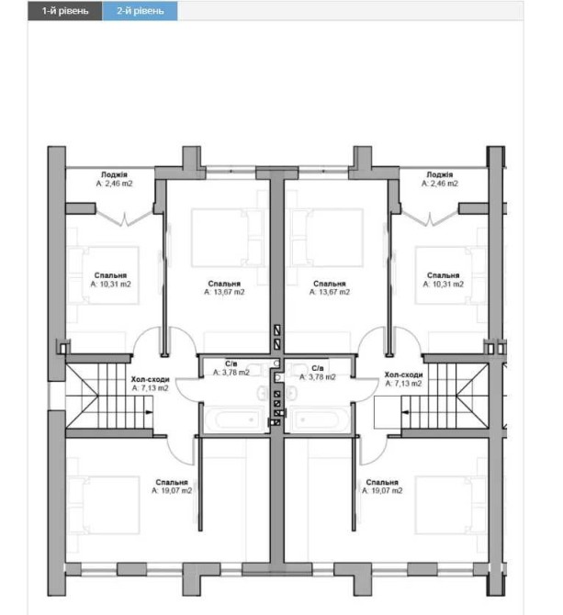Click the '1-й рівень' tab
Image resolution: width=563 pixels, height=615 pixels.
(x=64, y=11)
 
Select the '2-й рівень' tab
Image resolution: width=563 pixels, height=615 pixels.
(x=140, y=11)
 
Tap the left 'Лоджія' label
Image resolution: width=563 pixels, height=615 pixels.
(x=114, y=174)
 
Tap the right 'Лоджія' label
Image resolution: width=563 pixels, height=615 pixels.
(x=439, y=174)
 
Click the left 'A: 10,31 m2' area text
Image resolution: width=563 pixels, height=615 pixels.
(x=110, y=284)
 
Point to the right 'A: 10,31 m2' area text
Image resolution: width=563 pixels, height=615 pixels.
(x=443, y=284)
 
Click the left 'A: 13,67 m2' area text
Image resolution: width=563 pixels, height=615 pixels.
(x=224, y=292)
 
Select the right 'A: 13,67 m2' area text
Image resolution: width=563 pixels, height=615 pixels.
(x=330, y=292)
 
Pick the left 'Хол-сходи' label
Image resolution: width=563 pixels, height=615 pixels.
(x=150, y=379)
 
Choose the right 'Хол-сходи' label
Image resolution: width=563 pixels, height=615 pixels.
(x=403, y=375)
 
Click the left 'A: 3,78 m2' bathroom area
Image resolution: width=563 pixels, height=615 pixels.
(x=231, y=373)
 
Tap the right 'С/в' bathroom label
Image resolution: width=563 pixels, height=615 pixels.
(x=318, y=368)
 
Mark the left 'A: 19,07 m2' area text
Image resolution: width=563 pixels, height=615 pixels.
(x=172, y=491)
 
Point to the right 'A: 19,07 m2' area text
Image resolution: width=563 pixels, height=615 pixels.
(x=382, y=491)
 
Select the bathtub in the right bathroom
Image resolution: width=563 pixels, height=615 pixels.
(x=317, y=419)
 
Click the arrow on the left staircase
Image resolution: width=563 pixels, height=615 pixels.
(x=149, y=412)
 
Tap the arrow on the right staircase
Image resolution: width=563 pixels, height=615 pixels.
(x=406, y=412)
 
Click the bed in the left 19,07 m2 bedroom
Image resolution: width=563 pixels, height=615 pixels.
(x=103, y=505)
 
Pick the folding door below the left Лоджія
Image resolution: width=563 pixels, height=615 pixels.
(x=125, y=218)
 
